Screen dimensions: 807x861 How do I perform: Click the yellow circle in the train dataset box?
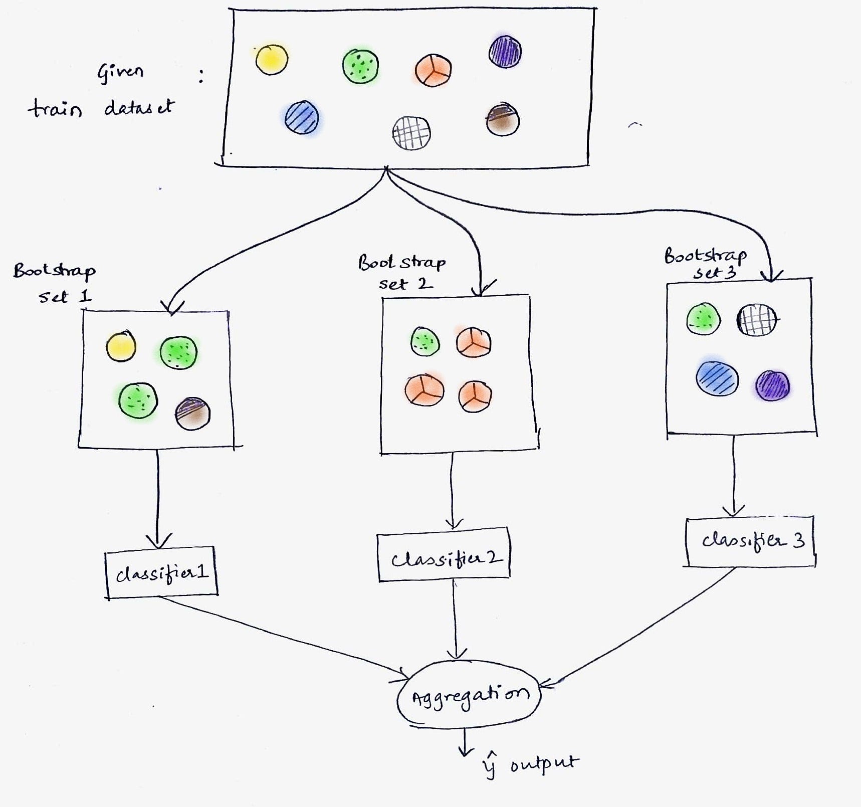(x=272, y=60)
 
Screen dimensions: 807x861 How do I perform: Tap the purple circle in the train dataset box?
(x=505, y=52)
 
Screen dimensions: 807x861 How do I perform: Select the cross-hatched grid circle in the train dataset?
(x=411, y=133)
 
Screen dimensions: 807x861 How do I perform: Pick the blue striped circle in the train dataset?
(x=302, y=117)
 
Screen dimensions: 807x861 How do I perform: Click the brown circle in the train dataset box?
(x=503, y=120)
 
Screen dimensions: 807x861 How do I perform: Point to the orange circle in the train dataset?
(x=433, y=70)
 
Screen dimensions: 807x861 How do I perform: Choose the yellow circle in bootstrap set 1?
(x=121, y=346)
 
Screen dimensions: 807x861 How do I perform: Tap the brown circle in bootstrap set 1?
(x=193, y=414)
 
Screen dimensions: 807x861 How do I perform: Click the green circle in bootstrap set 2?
(x=425, y=342)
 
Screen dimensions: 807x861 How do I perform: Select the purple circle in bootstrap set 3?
(x=772, y=385)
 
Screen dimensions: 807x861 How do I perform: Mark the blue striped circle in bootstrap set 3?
(x=717, y=378)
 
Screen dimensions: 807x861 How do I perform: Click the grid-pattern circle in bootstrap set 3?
(x=756, y=319)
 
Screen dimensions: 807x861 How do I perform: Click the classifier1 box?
(x=161, y=572)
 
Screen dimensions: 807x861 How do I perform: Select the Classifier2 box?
(x=444, y=557)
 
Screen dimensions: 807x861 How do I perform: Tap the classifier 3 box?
(x=750, y=541)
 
